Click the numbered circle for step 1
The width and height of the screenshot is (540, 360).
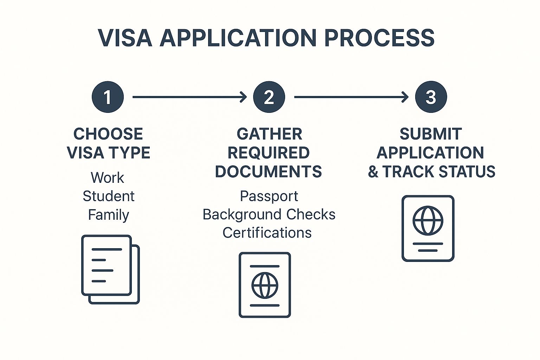coord(108,97)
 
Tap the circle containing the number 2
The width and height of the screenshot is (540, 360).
coord(269,97)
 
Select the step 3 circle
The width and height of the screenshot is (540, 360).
coord(431,97)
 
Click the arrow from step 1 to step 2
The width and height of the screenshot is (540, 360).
coord(189,97)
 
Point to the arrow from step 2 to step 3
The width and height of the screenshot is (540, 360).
coord(351,97)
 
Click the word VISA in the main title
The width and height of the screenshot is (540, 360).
coord(125,38)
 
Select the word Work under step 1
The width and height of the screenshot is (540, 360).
coord(107,178)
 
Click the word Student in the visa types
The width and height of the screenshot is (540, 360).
coord(108,196)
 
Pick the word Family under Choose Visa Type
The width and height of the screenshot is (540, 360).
coord(108,215)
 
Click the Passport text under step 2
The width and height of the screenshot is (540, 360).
coord(269,196)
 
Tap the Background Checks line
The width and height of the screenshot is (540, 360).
coord(269,214)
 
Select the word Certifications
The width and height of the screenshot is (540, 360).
coord(267,233)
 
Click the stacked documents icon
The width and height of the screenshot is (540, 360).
coord(110,269)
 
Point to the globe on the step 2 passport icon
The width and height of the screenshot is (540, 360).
coord(265,285)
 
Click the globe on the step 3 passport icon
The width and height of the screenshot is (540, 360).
coord(428,221)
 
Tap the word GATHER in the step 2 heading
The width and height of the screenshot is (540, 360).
coord(269,134)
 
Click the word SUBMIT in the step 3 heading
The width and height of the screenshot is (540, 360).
coord(431,134)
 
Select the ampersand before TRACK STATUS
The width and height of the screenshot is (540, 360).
coord(373,172)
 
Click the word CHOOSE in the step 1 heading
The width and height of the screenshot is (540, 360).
coord(108,134)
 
